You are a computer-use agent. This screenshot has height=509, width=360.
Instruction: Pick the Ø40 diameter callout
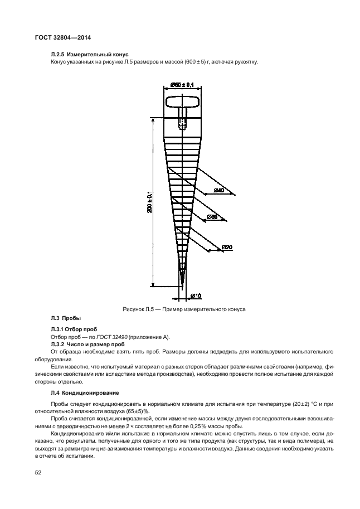218,191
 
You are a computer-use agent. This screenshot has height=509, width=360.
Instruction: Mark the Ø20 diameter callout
227,247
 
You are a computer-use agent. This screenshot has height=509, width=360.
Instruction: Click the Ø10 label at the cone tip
196,294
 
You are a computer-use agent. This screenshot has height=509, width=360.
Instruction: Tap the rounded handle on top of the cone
182,102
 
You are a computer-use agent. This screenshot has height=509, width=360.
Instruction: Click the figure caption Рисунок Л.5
184,308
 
